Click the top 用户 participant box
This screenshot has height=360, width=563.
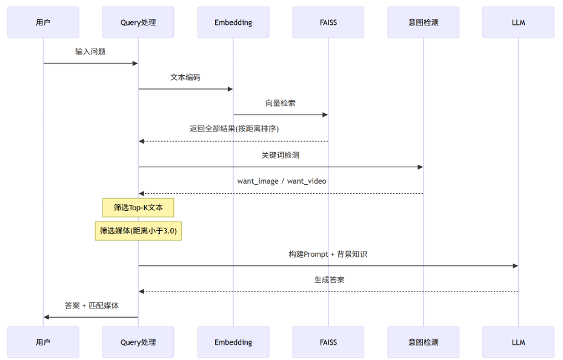click(x=43, y=22)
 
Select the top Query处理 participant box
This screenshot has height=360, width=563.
click(x=138, y=22)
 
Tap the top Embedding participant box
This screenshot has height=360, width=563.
click(x=233, y=22)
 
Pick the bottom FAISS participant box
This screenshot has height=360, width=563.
click(x=328, y=342)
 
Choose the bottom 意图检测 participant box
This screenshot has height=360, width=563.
click(x=424, y=342)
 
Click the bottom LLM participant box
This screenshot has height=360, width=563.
click(x=519, y=342)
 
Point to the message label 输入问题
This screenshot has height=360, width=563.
click(x=90, y=52)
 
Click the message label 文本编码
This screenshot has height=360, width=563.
click(x=185, y=77)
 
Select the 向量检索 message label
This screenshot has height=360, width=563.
click(x=281, y=104)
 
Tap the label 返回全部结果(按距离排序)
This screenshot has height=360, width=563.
click(x=234, y=128)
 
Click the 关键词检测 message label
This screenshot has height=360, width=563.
click(x=281, y=155)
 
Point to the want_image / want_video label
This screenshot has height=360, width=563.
click(x=282, y=181)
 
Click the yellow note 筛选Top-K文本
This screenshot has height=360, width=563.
click(x=138, y=207)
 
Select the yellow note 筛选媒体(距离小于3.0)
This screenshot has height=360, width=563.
click(x=138, y=231)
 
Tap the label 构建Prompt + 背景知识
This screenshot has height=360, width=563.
click(x=328, y=254)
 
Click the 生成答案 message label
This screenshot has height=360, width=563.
click(x=329, y=280)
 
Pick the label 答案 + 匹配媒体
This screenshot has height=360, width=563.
click(x=92, y=305)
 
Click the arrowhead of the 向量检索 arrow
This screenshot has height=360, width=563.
click(x=325, y=115)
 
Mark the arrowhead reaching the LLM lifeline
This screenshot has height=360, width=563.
click(x=515, y=266)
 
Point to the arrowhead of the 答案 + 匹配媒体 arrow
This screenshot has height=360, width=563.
click(x=46, y=318)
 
